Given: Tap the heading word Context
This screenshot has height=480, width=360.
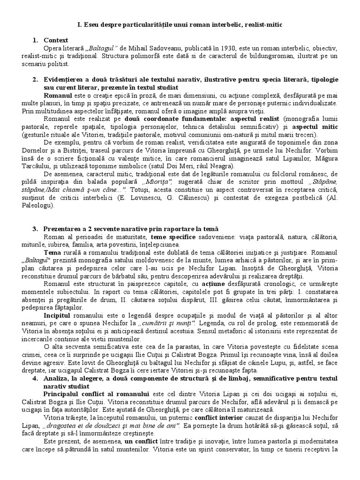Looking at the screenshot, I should [x=56, y=40].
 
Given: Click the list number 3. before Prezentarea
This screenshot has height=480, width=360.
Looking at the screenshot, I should [x=35, y=229].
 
